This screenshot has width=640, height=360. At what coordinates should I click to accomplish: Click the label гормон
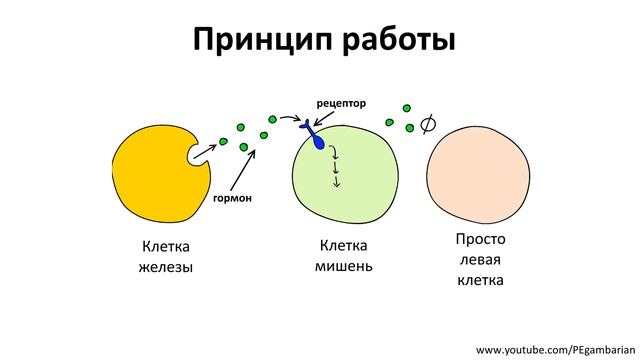232,198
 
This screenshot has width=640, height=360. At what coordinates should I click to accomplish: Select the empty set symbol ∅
429,124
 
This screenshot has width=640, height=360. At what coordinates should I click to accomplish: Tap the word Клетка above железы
166,246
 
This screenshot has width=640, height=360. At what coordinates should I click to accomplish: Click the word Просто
480,240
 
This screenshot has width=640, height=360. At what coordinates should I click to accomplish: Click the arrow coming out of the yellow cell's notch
203,150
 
